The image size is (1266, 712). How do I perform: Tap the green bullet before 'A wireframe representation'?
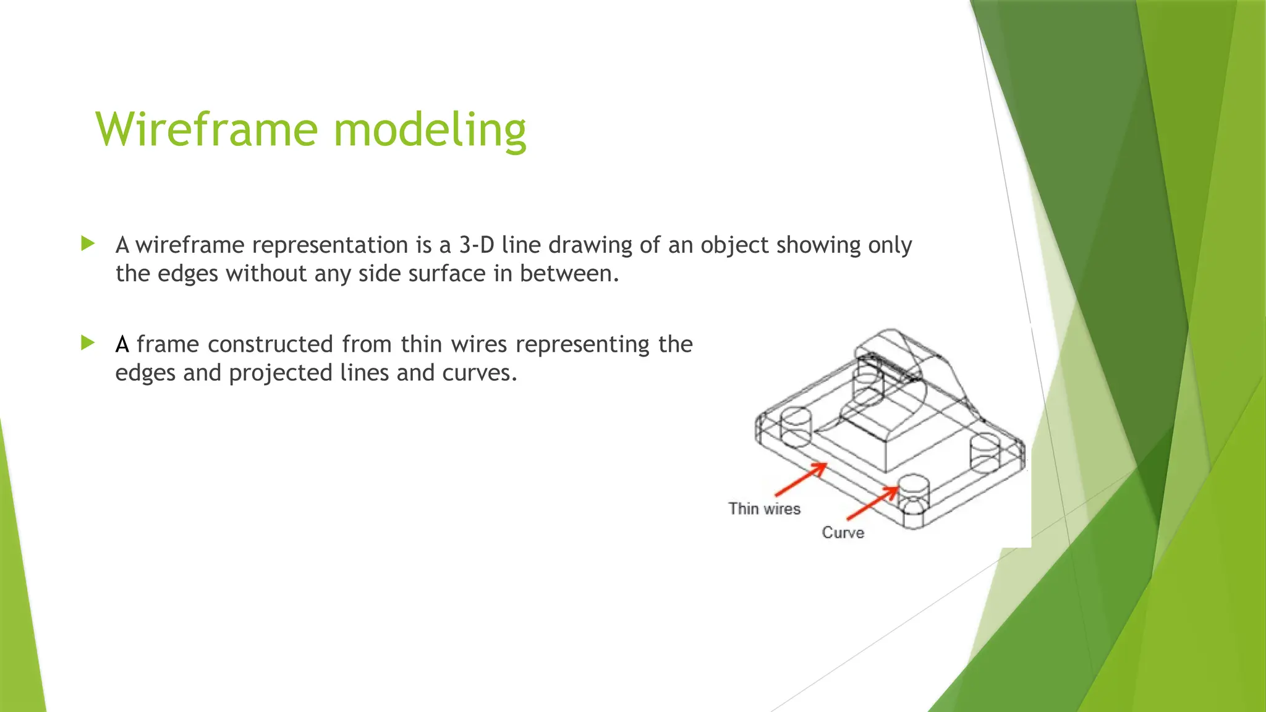point(88,244)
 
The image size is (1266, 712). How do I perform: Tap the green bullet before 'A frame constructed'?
point(88,342)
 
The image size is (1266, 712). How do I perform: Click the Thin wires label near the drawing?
point(764,509)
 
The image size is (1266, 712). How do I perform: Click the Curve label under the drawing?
point(843,533)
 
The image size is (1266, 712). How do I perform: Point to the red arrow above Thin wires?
point(801,479)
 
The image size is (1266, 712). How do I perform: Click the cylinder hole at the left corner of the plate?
point(796,426)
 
